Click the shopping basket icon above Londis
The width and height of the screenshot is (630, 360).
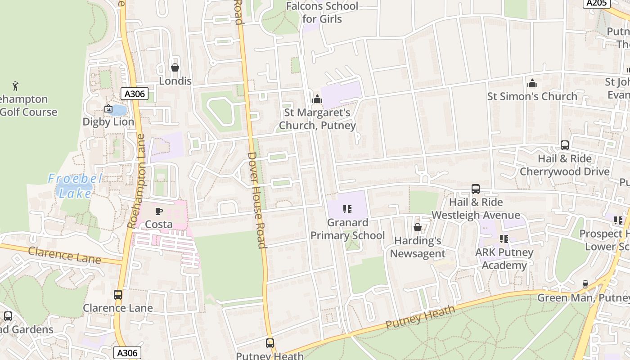pos(175,67)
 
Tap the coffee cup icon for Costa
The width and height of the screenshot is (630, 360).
pos(158,211)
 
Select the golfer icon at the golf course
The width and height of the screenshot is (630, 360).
pos(16,85)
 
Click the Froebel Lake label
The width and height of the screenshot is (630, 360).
pos(76,186)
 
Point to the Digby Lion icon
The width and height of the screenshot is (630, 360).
pos(108,108)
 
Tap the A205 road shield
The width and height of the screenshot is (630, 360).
pos(597,3)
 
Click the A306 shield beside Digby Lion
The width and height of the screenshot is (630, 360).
pos(134,94)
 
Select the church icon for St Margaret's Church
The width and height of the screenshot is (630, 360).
pos(317,99)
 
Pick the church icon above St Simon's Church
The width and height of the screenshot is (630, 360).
pos(532,83)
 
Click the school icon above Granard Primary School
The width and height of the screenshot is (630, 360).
pos(347,209)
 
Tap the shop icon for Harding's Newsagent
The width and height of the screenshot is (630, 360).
pos(418,227)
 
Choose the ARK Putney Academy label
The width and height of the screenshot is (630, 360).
pos(504,259)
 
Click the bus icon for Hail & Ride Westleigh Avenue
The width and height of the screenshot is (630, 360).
pos(476,189)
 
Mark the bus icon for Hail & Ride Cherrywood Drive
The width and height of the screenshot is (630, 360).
pos(565,145)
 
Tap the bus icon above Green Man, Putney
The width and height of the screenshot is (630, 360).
pos(585,284)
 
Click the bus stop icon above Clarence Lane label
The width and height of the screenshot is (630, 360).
pos(118,295)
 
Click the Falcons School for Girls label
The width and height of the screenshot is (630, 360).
pos(322,13)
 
